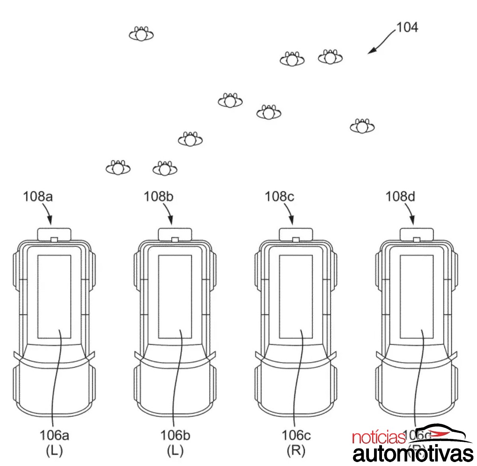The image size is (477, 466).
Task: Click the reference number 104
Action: (407, 27)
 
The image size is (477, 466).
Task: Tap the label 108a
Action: (38, 196)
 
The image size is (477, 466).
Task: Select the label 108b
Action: (159, 196)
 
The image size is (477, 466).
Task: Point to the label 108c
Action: (279, 196)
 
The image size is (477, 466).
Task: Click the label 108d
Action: (400, 196)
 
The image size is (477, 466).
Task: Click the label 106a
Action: (54, 435)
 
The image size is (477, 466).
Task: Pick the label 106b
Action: (175, 435)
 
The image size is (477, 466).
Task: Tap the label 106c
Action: (296, 435)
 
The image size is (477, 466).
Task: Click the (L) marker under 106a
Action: (54, 450)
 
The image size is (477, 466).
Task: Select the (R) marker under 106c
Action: (296, 450)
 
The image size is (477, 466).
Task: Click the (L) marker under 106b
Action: (175, 450)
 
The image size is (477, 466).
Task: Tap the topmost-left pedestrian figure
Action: (141, 35)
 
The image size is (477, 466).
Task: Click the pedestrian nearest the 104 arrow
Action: (330, 58)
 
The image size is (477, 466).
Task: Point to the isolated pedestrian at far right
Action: (362, 127)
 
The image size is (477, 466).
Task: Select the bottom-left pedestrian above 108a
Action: (118, 169)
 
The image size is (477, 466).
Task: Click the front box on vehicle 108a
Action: (54, 234)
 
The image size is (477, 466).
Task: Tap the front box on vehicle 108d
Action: (417, 234)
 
